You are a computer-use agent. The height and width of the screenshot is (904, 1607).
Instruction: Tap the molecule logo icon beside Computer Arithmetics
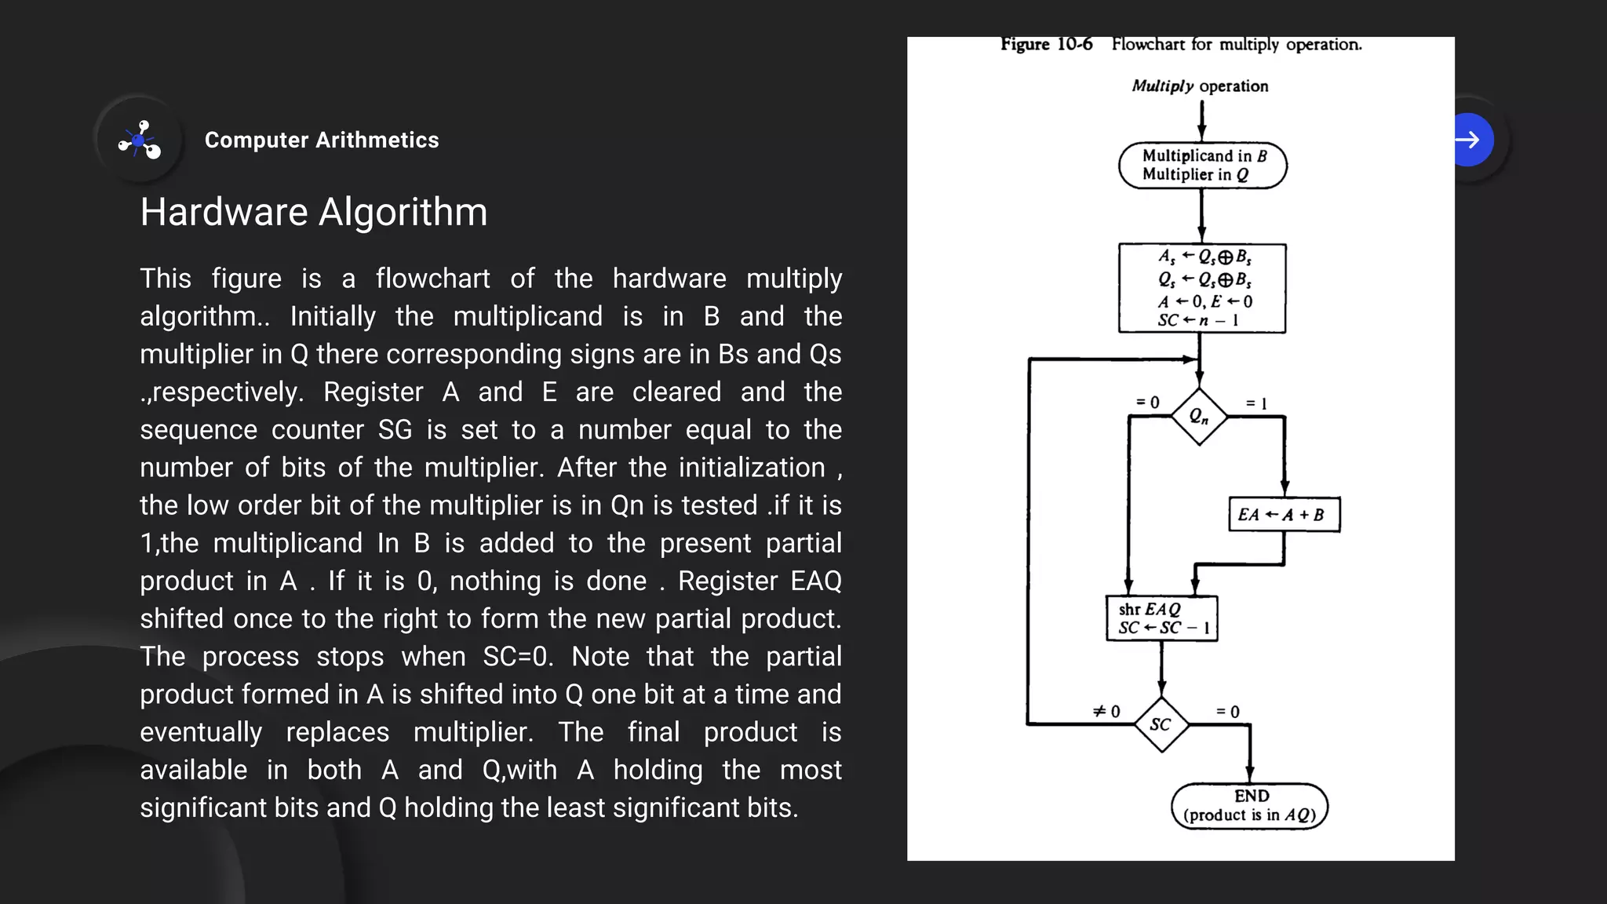140,140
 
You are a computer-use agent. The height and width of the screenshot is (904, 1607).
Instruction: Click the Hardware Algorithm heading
314,212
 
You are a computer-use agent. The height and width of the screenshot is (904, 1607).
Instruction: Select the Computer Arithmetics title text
322,140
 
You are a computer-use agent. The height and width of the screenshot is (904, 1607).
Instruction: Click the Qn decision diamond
1199,417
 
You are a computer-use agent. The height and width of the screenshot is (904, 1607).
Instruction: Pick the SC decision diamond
1161,724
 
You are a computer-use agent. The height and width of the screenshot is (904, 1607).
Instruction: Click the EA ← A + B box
1284,515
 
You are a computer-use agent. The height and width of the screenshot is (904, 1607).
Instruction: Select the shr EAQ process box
1162,618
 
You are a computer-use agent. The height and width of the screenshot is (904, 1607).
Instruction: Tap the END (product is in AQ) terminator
1249,806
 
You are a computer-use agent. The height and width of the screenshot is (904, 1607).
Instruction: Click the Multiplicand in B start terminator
1203,166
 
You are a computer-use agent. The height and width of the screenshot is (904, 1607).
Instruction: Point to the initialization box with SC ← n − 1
1202,288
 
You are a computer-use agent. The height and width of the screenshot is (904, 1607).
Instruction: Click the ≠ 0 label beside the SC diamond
1106,711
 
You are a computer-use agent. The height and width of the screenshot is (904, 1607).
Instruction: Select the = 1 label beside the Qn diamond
1256,403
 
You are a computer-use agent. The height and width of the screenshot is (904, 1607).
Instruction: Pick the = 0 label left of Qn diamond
1147,403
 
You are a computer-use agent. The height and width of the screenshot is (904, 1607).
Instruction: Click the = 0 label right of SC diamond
1228,712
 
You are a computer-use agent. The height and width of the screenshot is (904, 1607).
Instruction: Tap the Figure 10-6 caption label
1046,44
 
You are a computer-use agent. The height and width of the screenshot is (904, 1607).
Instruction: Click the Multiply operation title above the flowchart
1200,86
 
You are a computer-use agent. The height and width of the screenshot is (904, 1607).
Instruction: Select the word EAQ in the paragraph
816,581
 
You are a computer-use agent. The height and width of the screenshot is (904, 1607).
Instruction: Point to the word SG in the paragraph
395,430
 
